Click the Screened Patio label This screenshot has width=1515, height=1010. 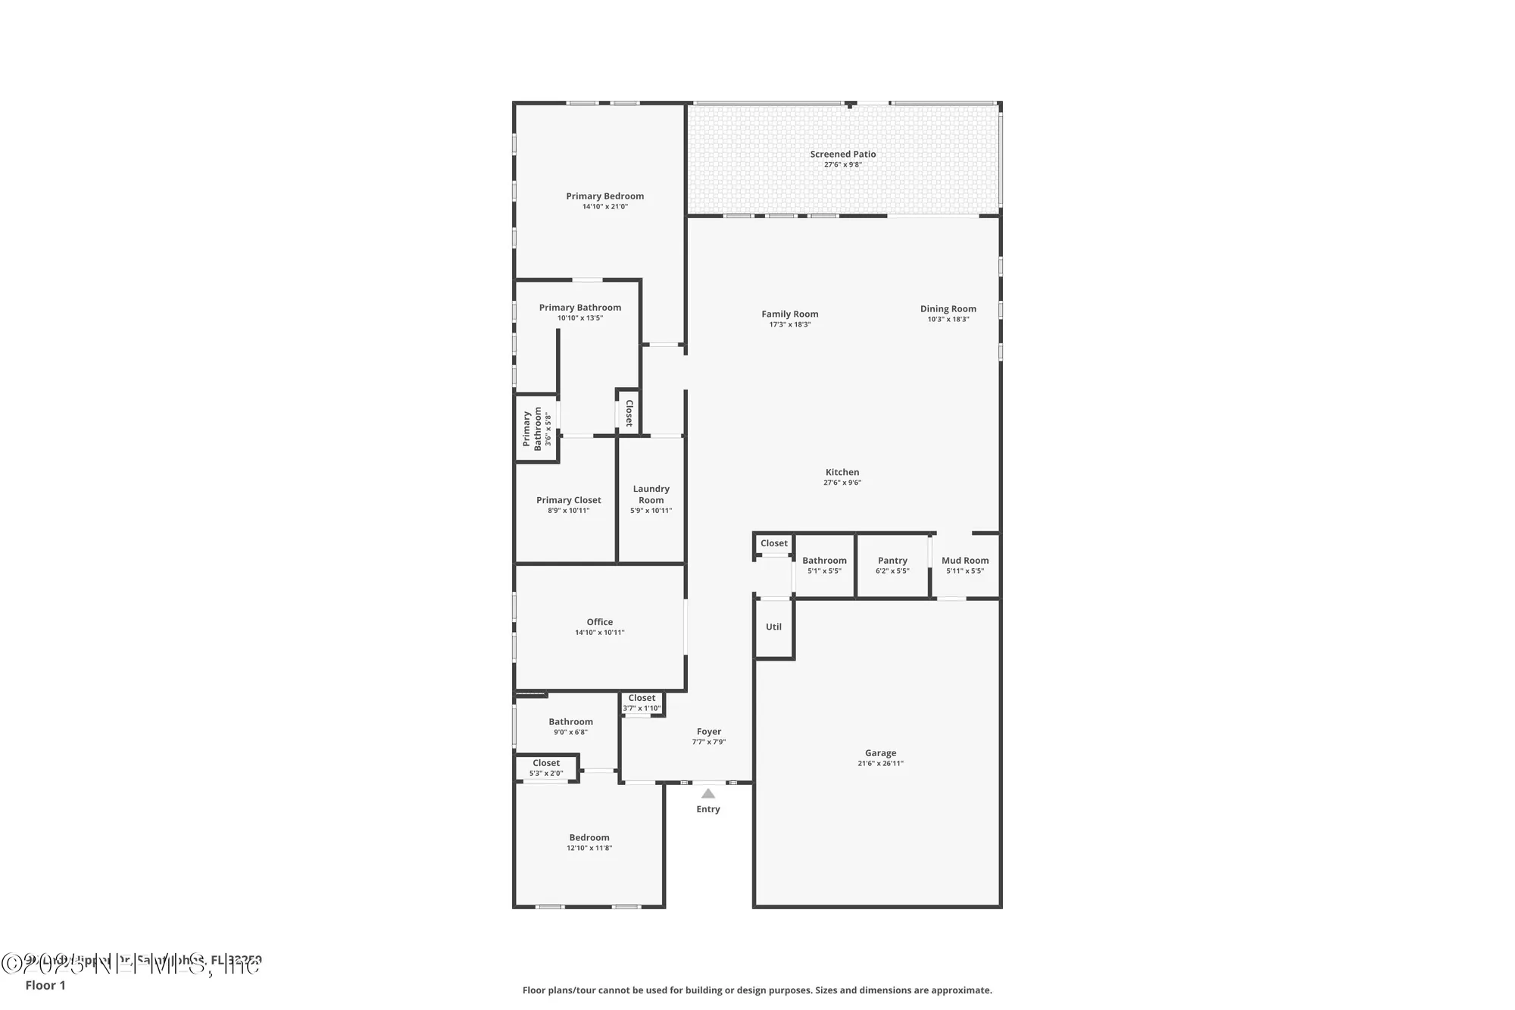pyautogui.click(x=842, y=155)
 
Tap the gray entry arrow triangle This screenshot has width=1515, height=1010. pyautogui.click(x=708, y=793)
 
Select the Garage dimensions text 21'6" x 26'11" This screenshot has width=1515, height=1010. pyautogui.click(x=880, y=764)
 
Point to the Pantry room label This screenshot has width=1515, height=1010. pyautogui.click(x=892, y=561)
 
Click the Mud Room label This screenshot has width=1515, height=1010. pyautogui.click(x=965, y=561)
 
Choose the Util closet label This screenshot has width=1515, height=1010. pyautogui.click(x=773, y=627)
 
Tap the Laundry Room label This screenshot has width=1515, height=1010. pyautogui.click(x=651, y=494)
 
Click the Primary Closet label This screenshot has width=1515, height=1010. pyautogui.click(x=568, y=500)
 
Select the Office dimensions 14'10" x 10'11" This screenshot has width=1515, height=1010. pyautogui.click(x=599, y=633)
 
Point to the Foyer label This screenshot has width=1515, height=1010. pyautogui.click(x=708, y=732)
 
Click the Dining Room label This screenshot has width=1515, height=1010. pyautogui.click(x=948, y=309)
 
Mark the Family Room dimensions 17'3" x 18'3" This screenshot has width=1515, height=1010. pyautogui.click(x=789, y=325)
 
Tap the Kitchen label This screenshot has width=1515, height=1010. pyautogui.click(x=842, y=472)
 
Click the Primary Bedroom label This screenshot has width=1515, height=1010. pyautogui.click(x=604, y=196)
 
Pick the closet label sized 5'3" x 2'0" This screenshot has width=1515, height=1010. pyautogui.click(x=546, y=764)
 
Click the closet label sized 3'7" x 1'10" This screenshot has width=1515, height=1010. pyautogui.click(x=642, y=699)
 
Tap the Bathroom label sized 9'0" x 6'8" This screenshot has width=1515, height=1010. pyautogui.click(x=570, y=722)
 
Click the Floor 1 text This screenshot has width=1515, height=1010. pyautogui.click(x=45, y=985)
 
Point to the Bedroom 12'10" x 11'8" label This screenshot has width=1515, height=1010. pyautogui.click(x=589, y=838)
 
